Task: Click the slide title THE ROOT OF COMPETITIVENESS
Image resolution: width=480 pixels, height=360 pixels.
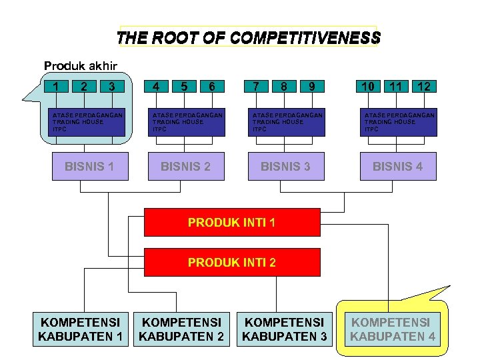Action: click(248, 37)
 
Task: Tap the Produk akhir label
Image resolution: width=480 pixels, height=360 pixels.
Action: click(81, 65)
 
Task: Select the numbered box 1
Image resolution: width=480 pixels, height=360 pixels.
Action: click(59, 86)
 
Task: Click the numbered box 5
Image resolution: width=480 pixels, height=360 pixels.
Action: click(183, 86)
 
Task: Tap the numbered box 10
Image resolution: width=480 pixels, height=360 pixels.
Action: click(367, 86)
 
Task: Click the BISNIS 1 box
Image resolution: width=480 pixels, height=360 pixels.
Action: click(89, 166)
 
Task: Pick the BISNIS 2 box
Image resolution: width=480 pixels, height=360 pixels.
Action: click(185, 166)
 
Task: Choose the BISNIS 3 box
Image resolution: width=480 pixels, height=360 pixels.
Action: click(285, 166)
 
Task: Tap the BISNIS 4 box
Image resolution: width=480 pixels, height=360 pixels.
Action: click(397, 166)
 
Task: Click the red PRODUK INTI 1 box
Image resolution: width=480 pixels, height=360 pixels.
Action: click(231, 223)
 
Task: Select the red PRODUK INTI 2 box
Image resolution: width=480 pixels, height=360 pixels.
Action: click(231, 262)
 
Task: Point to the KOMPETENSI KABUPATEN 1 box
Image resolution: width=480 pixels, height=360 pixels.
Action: click(81, 329)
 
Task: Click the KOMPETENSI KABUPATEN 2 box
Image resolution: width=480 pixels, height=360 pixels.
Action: click(181, 329)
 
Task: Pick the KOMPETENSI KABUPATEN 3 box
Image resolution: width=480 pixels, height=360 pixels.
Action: click(285, 329)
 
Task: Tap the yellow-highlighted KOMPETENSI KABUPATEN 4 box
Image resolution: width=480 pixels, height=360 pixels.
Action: click(393, 329)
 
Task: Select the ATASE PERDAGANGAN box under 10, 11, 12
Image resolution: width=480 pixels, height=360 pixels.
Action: click(399, 122)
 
